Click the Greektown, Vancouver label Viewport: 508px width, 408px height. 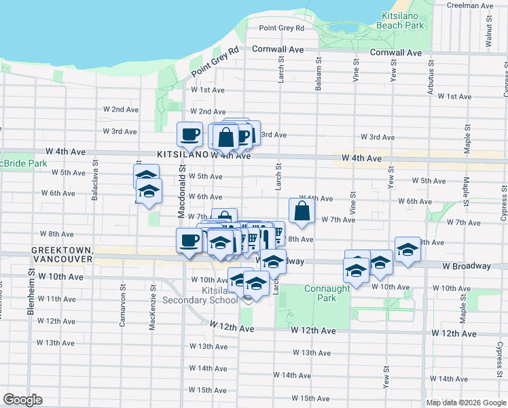61,255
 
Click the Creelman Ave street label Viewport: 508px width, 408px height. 471,5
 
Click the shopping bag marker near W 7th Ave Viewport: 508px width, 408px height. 302,211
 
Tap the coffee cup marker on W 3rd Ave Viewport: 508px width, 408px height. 190,134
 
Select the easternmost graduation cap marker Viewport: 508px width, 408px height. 407,250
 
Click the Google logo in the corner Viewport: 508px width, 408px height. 22,400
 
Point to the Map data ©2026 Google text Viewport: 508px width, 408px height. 466,403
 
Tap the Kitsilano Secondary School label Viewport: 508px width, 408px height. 211,295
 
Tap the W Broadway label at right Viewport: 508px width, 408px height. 466,266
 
